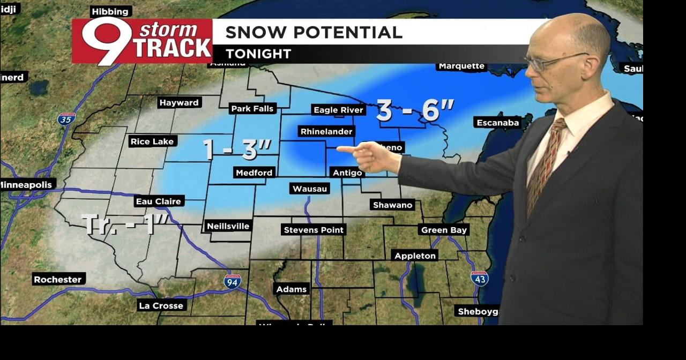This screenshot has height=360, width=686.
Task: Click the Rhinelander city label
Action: tap(326, 132)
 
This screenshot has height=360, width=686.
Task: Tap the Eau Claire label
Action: tap(159, 201)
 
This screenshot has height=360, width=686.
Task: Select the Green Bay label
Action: tap(444, 230)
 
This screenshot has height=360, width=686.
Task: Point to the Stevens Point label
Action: tap(314, 230)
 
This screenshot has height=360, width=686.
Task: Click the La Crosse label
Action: tap(161, 306)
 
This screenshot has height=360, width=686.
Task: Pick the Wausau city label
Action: tap(309, 189)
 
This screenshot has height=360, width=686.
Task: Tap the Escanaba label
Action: tap(498, 123)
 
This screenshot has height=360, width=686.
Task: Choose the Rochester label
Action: tap(58, 279)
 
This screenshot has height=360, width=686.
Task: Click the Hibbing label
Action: tap(110, 11)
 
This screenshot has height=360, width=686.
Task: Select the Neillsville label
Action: tap(228, 226)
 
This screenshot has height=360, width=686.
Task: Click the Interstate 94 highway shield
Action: tap(232, 281)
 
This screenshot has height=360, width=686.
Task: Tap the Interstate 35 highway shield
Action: tap(66, 118)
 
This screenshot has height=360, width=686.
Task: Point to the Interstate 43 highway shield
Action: tap(479, 278)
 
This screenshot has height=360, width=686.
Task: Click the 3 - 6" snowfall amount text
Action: tap(415, 110)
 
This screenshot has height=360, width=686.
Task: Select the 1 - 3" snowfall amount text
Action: tap(237, 149)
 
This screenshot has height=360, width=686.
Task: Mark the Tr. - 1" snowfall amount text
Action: tap(125, 224)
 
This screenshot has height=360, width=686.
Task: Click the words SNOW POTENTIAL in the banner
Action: tap(314, 32)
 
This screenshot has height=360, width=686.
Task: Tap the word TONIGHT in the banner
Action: tap(258, 54)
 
